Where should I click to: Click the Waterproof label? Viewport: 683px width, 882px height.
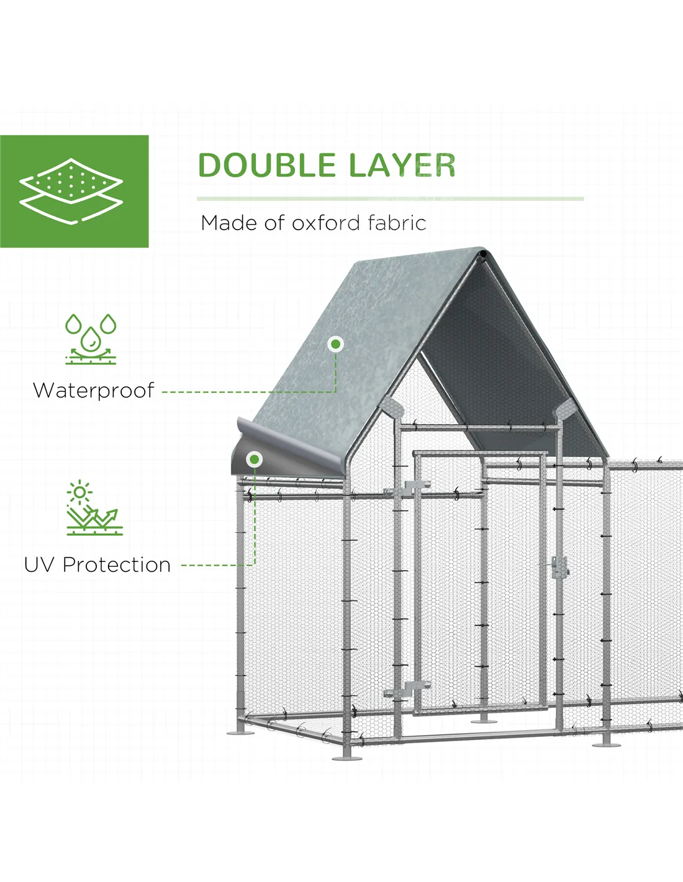coord(94,391)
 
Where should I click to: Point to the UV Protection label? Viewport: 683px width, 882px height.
coord(97,565)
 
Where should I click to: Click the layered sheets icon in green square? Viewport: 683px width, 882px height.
coord(71,191)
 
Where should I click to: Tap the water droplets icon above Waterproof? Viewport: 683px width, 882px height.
coord(91,339)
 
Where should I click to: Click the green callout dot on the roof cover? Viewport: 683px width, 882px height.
coord(336,345)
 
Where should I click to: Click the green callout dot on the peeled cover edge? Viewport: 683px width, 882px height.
coord(255,460)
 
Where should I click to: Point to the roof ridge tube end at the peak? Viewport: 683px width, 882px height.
coord(483,254)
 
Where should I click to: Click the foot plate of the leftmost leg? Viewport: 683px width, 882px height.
coord(240,733)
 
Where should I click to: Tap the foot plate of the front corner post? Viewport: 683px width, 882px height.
coord(347,758)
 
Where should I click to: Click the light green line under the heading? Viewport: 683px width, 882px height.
coord(390,199)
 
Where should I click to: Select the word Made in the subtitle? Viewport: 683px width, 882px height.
coord(230,223)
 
